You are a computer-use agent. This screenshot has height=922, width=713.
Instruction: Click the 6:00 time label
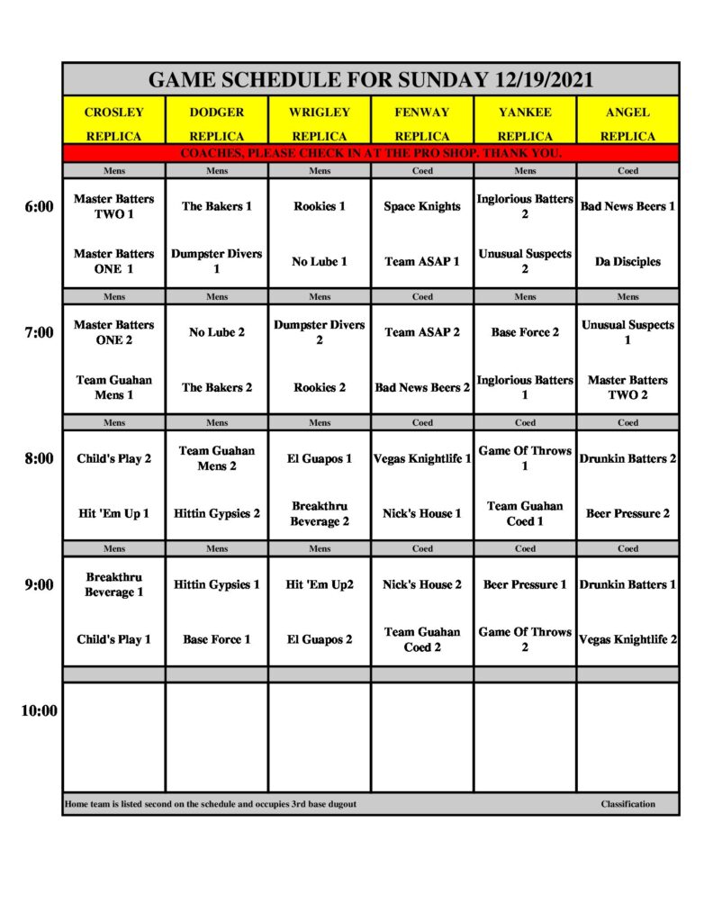point(39,206)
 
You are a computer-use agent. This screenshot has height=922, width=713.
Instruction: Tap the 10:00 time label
point(39,710)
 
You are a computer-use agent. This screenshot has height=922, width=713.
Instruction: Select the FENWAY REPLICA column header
point(422,123)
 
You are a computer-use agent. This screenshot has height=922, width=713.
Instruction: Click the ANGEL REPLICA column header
point(627,123)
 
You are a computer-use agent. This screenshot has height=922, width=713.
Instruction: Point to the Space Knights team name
point(422,206)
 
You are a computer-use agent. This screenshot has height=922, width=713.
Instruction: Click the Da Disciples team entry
point(627,262)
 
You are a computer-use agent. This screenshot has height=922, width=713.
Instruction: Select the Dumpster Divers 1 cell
point(217,261)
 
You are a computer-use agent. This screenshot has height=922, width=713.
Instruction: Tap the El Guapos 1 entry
point(320,458)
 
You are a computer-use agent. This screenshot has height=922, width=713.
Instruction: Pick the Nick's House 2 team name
point(422,584)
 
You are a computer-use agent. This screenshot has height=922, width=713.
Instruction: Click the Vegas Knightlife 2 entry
point(627,639)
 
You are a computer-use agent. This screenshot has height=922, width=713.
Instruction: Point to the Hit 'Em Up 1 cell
point(114,513)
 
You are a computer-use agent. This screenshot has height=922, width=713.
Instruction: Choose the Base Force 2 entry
point(525,332)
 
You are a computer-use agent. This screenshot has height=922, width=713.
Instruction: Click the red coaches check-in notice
point(371,153)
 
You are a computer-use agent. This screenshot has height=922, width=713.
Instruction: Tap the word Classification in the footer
point(628,804)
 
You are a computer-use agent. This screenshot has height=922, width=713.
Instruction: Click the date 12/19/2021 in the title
point(544,79)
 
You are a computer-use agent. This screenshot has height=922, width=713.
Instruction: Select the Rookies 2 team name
point(320,388)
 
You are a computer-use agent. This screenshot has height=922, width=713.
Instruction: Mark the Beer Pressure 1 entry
point(525,584)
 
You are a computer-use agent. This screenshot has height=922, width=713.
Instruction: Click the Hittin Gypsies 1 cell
point(217,584)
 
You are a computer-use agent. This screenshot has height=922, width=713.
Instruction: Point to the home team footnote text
point(211,804)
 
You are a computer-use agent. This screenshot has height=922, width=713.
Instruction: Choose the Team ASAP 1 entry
point(422,262)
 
